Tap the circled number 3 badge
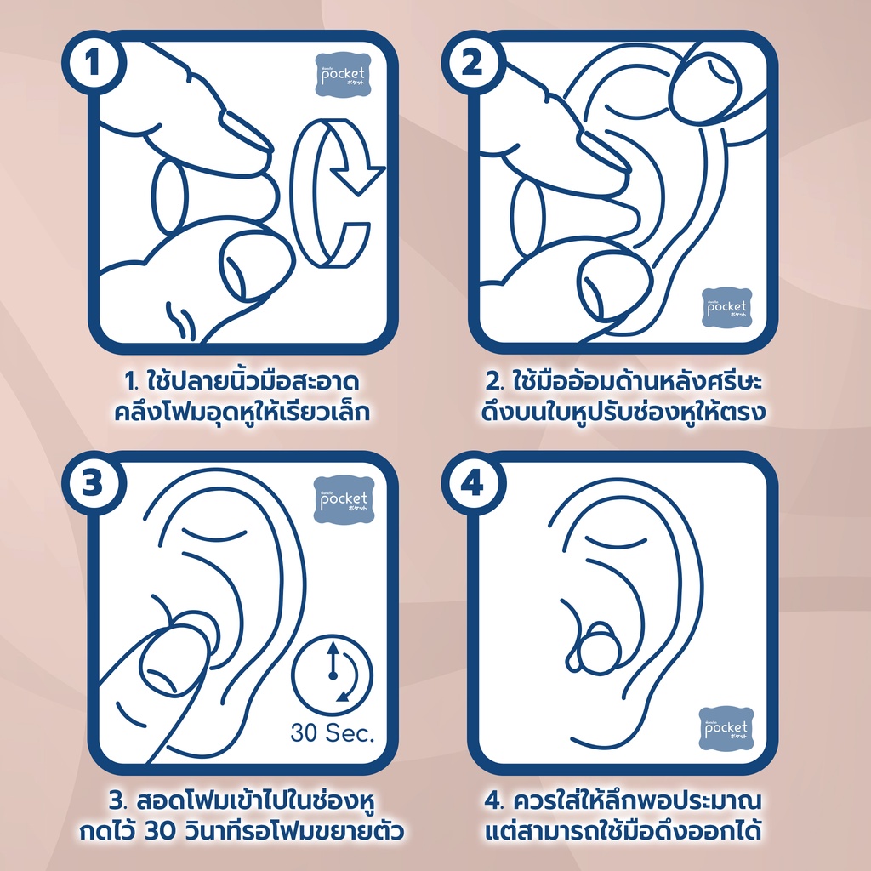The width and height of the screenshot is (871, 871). pos(94,483)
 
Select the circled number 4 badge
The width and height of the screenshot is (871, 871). pos(473,483)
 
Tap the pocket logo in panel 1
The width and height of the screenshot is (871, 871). pos(343,75)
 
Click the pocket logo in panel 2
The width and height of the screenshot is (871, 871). pos(726,307)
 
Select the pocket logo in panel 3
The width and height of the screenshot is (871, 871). pos(344,499)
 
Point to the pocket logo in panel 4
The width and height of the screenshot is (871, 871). pos(726,728)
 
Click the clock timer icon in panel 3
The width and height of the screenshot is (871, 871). pos(333,675)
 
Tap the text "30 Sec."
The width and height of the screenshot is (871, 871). pos(333,733)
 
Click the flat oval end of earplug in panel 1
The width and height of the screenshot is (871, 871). pos(169,196)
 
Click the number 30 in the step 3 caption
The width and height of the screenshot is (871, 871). pos(160,832)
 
